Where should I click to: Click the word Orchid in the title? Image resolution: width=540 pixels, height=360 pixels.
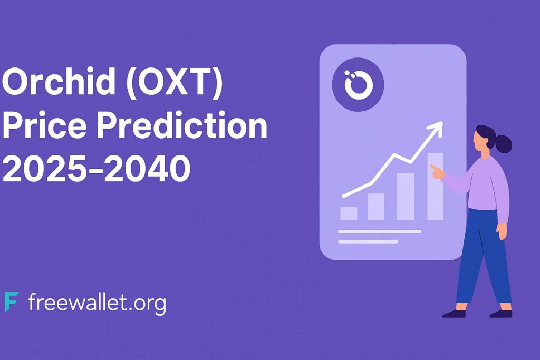(59, 81)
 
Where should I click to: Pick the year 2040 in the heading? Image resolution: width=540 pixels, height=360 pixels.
(148, 168)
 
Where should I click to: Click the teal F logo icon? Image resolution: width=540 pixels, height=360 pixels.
(12, 301)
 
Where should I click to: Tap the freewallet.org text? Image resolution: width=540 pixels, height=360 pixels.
(97, 303)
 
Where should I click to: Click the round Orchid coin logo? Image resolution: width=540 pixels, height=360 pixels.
(358, 84)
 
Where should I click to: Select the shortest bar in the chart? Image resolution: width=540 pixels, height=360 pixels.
(349, 213)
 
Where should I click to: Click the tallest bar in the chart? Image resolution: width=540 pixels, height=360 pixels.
(435, 187)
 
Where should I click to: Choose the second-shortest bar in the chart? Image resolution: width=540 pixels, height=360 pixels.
(375, 207)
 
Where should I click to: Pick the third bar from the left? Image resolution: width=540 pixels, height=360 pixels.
(406, 197)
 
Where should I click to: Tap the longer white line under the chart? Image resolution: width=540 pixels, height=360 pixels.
(380, 231)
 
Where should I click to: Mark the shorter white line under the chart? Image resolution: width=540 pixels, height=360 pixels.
(368, 241)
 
